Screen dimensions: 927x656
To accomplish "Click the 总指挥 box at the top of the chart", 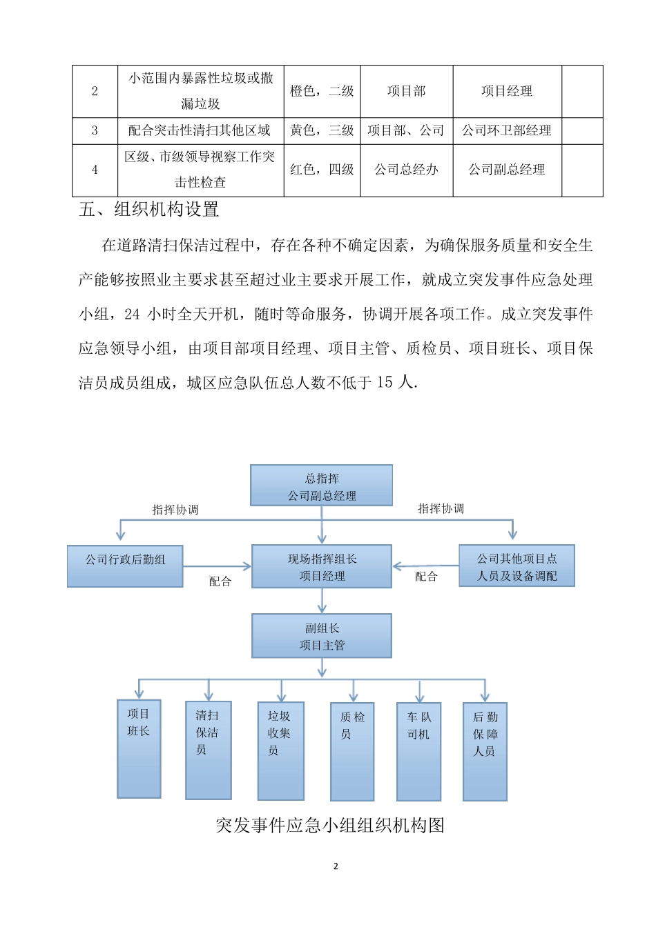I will [x=321, y=486].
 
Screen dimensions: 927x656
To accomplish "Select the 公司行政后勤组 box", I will [x=125, y=566].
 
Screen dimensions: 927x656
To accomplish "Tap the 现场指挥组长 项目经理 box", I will [x=322, y=567].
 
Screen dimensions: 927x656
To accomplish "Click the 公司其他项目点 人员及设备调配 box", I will [x=517, y=566].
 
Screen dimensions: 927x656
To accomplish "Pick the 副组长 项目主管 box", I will [x=322, y=636].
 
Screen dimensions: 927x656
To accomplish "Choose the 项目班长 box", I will [x=139, y=748].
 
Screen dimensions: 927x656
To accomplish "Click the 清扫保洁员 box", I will [x=208, y=750].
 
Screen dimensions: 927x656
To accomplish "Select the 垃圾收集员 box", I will [x=280, y=750].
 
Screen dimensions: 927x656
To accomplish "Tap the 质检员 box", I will [x=352, y=751].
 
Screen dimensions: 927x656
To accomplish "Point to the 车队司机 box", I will [x=418, y=751].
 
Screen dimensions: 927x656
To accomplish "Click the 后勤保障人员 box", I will [x=485, y=751].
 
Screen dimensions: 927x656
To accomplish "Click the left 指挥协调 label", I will [x=175, y=510].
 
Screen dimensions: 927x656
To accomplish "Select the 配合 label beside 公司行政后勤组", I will [x=220, y=581].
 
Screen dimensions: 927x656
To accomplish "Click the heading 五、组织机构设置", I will [x=149, y=210].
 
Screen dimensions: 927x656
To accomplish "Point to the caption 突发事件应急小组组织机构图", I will [x=330, y=825].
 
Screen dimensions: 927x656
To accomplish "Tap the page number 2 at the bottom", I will [x=336, y=866].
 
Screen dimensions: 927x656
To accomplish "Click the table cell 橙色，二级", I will [x=322, y=91].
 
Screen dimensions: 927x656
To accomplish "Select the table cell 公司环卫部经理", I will [x=507, y=130].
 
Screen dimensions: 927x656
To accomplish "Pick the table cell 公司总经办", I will [x=406, y=170].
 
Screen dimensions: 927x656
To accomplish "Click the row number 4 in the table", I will [x=95, y=170].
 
